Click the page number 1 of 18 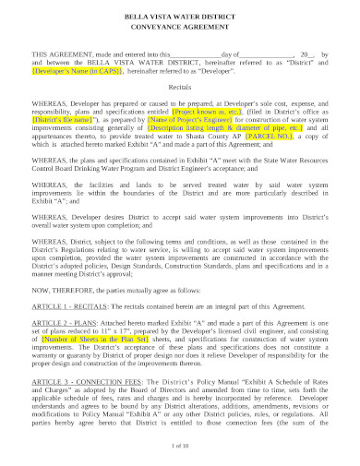coord(180,446)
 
